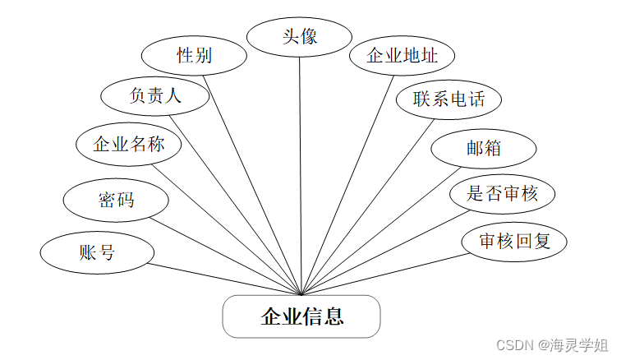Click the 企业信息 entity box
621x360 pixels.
click(301, 316)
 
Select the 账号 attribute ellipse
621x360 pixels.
click(97, 253)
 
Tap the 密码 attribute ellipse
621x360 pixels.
click(117, 200)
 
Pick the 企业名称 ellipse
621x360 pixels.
click(129, 145)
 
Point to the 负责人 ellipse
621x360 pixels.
click(154, 96)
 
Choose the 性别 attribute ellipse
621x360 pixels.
click(195, 56)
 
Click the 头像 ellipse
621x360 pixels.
click(300, 37)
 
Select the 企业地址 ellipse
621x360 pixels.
click(402, 57)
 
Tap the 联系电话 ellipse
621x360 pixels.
click(448, 100)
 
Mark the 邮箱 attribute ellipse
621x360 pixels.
click(484, 149)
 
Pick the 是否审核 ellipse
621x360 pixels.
click(502, 194)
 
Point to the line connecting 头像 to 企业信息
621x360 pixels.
click(301, 173)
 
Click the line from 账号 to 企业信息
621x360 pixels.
click(226, 279)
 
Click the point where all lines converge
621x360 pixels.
click(302, 293)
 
